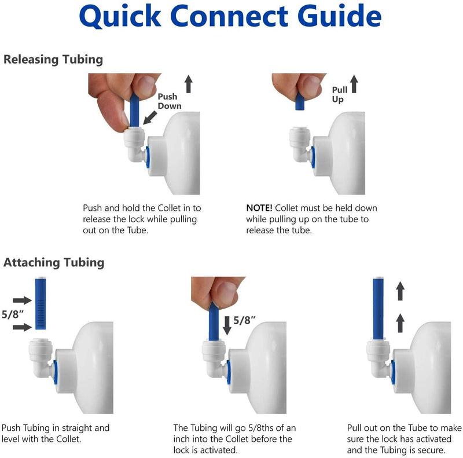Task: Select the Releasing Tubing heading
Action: (53, 59)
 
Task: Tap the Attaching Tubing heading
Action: (54, 262)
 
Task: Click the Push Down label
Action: (168, 101)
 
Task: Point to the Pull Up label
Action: (339, 94)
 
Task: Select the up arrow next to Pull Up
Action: (354, 86)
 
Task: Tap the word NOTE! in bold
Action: (259, 207)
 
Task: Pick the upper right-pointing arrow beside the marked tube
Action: (23, 300)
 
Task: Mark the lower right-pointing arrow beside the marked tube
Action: (23, 328)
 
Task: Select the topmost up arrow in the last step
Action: (400, 291)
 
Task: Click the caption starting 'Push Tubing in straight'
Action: (56, 434)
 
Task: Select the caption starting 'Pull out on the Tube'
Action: (404, 439)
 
